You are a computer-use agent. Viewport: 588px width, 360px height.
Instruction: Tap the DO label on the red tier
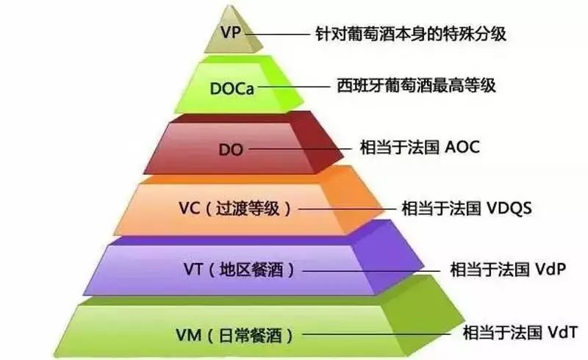[x=230, y=149]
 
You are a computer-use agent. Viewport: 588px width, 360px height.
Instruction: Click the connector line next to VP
[x=279, y=34]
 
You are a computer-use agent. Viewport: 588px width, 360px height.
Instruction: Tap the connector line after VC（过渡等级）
[x=346, y=208]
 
